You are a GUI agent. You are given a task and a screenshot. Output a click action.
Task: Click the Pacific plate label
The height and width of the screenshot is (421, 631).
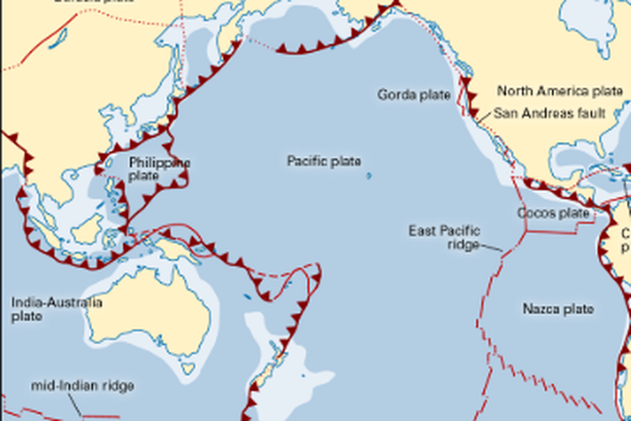(x=324, y=161)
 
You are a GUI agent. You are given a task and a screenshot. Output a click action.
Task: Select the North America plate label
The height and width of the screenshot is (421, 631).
(x=559, y=90)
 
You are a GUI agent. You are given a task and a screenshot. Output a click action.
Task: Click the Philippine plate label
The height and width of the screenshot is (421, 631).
(x=159, y=168)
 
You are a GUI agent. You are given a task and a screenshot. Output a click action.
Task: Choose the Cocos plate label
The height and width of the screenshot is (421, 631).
(x=554, y=213)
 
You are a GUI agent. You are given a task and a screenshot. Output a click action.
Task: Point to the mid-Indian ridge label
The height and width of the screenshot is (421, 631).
(x=82, y=386)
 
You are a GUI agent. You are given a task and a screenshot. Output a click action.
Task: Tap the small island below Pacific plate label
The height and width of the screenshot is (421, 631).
(x=369, y=177)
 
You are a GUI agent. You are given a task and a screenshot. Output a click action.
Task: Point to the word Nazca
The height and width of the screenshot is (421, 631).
(x=539, y=309)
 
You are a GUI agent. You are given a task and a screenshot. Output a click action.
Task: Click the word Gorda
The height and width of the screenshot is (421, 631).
(x=395, y=94)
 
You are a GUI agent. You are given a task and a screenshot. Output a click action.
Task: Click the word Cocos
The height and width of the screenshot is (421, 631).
(x=537, y=213)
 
